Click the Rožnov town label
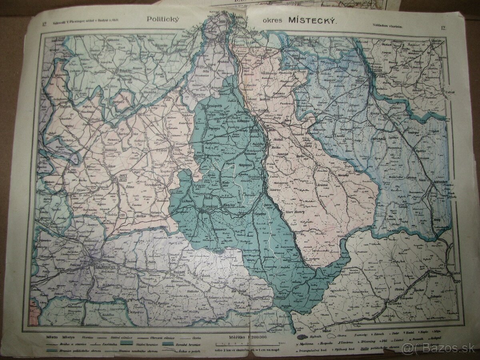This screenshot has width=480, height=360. click(178, 272)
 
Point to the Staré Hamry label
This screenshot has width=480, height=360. click(295, 212)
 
